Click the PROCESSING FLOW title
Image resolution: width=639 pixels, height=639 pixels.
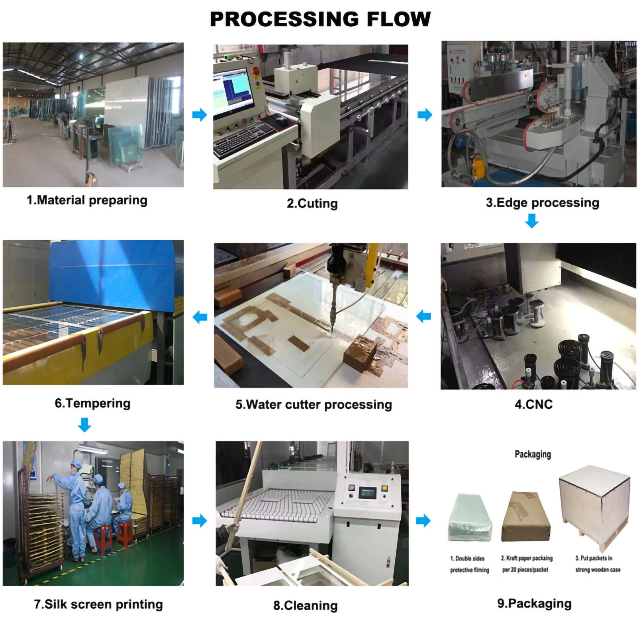320,19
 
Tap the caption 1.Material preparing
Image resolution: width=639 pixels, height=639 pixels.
87,200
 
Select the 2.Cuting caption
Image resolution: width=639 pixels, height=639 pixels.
312,204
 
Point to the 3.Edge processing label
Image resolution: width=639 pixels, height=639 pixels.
542,203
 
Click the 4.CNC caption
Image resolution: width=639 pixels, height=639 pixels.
533,404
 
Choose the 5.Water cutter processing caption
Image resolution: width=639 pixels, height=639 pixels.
314,405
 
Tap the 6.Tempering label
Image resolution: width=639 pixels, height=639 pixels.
92,403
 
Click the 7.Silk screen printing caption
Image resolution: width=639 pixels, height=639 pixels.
98,604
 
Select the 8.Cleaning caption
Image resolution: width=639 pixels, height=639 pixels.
305,606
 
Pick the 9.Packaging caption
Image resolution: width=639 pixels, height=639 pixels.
534,604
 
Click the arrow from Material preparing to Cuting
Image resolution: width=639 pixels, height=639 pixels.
200,115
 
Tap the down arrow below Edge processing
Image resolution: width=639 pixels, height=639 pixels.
532,221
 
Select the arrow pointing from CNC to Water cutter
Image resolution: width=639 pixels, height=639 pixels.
423,317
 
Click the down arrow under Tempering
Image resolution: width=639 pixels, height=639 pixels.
84,425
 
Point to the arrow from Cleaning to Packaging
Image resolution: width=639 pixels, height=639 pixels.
423,521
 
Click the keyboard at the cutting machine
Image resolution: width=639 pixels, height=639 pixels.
243,139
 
